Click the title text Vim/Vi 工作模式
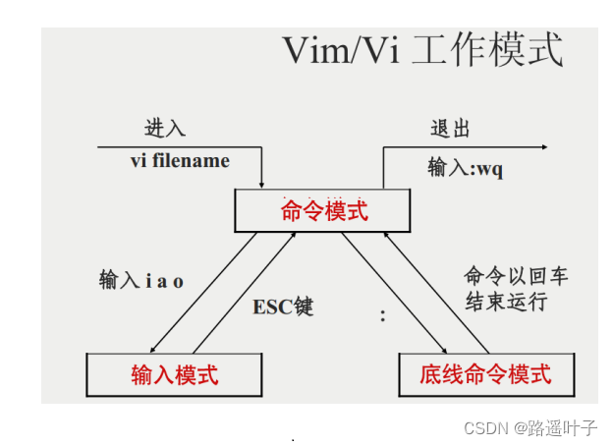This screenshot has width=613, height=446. tap(422, 50)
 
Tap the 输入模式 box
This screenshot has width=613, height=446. tap(175, 374)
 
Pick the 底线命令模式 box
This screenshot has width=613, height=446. tap(485, 374)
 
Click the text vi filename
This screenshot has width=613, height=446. tap(180, 160)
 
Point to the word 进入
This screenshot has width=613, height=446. tap(164, 129)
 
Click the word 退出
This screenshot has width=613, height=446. tap(451, 129)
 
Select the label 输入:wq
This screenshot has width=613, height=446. tap(465, 168)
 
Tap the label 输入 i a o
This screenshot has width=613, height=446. tap(141, 280)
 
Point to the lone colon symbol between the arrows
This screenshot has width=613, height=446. tap(382, 316)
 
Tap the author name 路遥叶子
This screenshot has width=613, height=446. tap(563, 428)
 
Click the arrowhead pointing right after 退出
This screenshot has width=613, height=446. tap(543, 147)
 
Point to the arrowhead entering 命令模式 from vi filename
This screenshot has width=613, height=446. tap(262, 184)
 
